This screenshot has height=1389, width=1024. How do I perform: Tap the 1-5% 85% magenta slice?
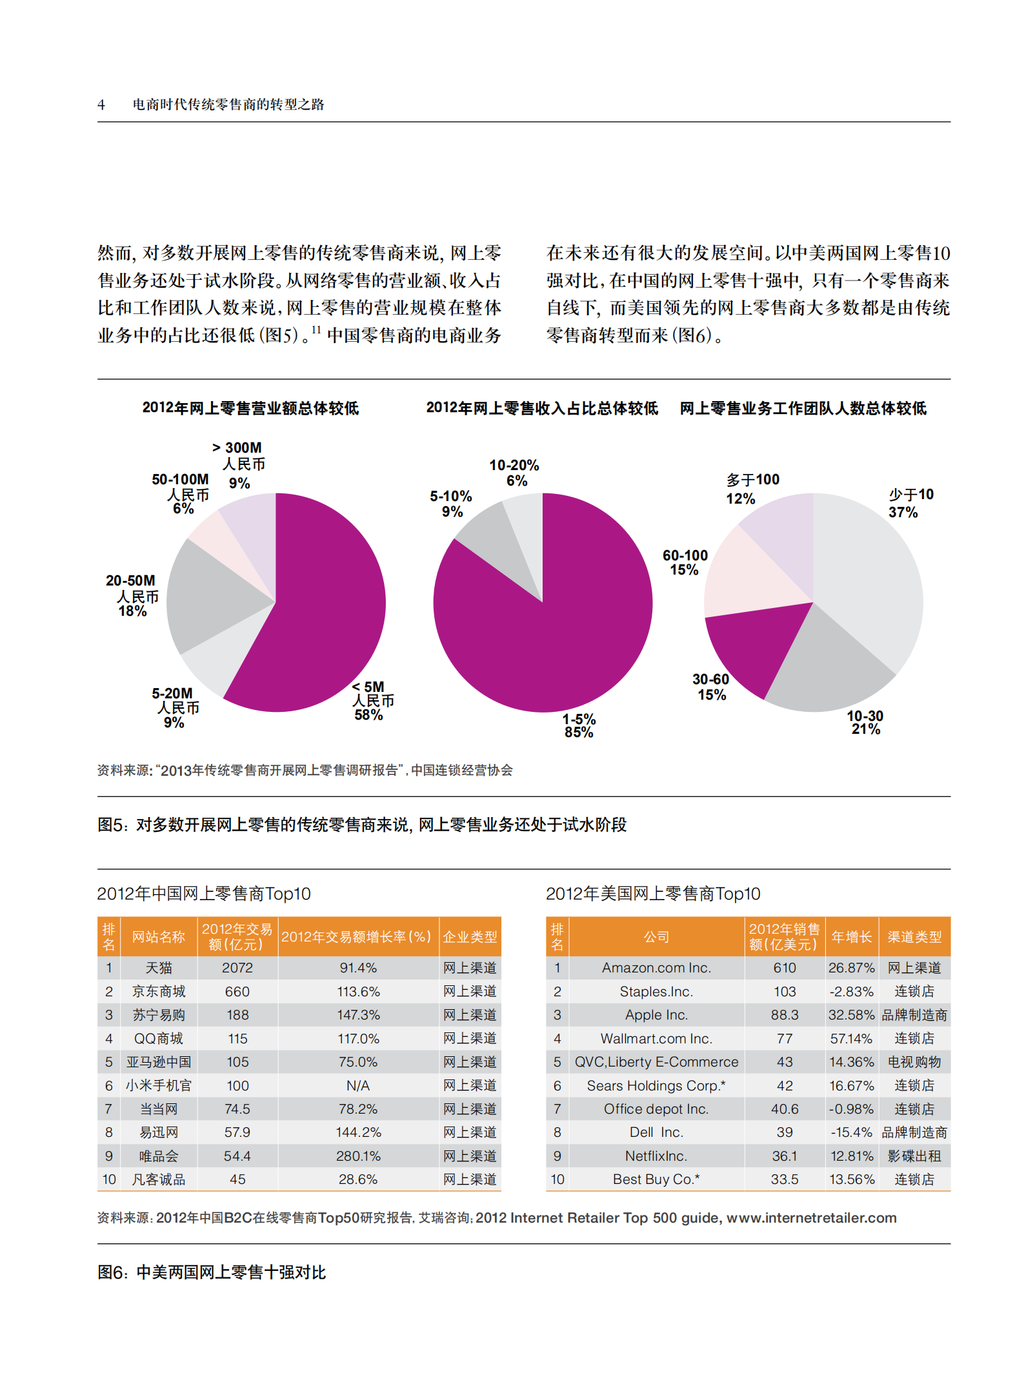pos(548,645)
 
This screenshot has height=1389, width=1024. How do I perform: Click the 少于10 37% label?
pos(910,503)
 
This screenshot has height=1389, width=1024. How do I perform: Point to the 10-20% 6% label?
pos(514,473)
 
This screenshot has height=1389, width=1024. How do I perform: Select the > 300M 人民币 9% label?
pos(239,464)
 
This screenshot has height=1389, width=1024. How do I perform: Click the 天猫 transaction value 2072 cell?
pos(237,968)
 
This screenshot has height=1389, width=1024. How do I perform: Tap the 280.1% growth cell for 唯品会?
pos(358,1156)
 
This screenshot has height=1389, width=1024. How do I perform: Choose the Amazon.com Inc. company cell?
pos(656,968)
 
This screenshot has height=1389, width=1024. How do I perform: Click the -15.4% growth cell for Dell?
pos(851,1132)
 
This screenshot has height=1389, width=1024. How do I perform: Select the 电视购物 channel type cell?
pos(914,1062)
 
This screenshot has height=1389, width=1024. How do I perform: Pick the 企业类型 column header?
pos(470,937)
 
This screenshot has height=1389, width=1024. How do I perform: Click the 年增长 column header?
pos(851,937)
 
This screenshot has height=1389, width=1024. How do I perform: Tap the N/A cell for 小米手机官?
pos(358,1086)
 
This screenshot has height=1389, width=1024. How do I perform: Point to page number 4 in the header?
pos(101,104)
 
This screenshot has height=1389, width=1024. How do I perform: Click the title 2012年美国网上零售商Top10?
pos(652,894)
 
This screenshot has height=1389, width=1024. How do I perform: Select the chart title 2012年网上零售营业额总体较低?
pos(250,408)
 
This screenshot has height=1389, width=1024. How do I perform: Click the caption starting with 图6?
pos(212,1272)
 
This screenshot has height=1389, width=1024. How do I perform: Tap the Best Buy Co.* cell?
pos(656,1179)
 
